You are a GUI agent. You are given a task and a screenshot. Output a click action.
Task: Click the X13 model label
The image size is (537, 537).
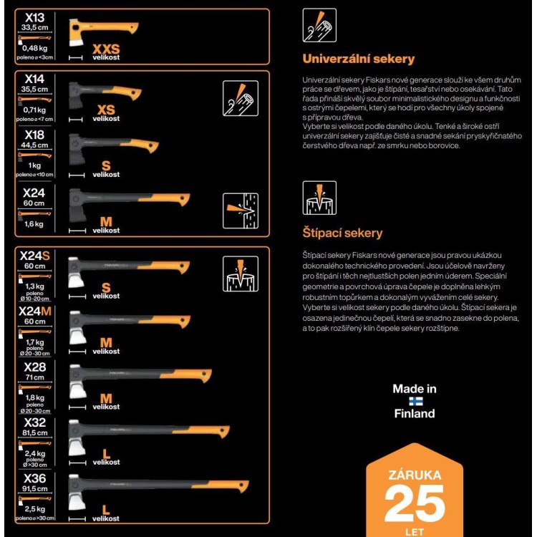tap(35, 18)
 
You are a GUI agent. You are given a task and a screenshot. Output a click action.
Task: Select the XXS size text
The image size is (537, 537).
tap(107, 49)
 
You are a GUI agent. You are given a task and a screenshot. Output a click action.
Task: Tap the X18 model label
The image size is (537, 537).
tap(35, 135)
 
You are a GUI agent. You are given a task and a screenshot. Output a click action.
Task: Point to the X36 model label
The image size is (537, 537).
tap(35, 478)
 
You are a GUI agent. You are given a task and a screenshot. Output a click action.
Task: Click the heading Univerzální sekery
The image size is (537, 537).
tap(358, 59)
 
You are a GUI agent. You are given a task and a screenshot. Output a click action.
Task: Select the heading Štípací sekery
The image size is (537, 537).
tap(342, 233)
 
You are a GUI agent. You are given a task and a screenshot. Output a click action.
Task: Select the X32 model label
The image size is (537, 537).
tap(35, 422)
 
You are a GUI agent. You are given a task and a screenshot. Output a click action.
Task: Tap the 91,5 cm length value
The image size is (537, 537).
tap(35, 489)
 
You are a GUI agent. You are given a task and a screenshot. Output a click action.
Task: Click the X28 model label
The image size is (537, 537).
tap(35, 366)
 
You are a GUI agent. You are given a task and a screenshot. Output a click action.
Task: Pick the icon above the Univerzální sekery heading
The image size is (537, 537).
tap(319, 26)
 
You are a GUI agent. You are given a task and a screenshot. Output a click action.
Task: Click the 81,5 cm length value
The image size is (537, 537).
tap(35, 433)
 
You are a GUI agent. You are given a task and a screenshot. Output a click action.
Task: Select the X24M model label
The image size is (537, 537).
tap(35, 311)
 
